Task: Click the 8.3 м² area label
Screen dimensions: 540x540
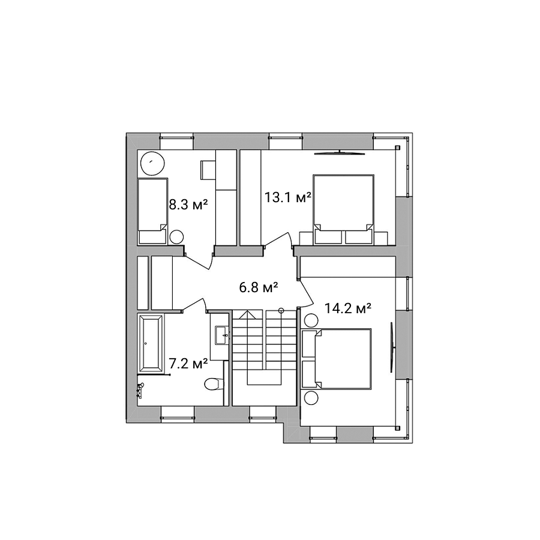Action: (x=188, y=205)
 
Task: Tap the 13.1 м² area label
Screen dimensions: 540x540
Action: (x=287, y=197)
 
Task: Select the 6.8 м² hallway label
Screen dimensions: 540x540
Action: (x=258, y=287)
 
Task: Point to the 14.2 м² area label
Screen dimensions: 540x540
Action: (x=348, y=308)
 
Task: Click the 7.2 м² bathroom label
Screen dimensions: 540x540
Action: (x=188, y=363)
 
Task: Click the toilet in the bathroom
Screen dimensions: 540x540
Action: (x=214, y=384)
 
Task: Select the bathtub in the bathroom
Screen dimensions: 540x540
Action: (x=151, y=343)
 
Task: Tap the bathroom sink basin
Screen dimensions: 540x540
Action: (x=222, y=335)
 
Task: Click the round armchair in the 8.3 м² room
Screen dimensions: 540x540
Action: (x=153, y=163)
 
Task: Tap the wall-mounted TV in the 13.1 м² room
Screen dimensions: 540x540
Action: (x=340, y=153)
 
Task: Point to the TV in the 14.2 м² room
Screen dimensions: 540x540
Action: (x=392, y=347)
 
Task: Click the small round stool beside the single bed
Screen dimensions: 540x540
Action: (x=176, y=237)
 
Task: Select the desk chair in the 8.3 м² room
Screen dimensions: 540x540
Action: (x=208, y=170)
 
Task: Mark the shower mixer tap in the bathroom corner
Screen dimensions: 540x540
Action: (x=140, y=390)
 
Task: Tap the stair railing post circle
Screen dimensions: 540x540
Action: (x=281, y=310)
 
